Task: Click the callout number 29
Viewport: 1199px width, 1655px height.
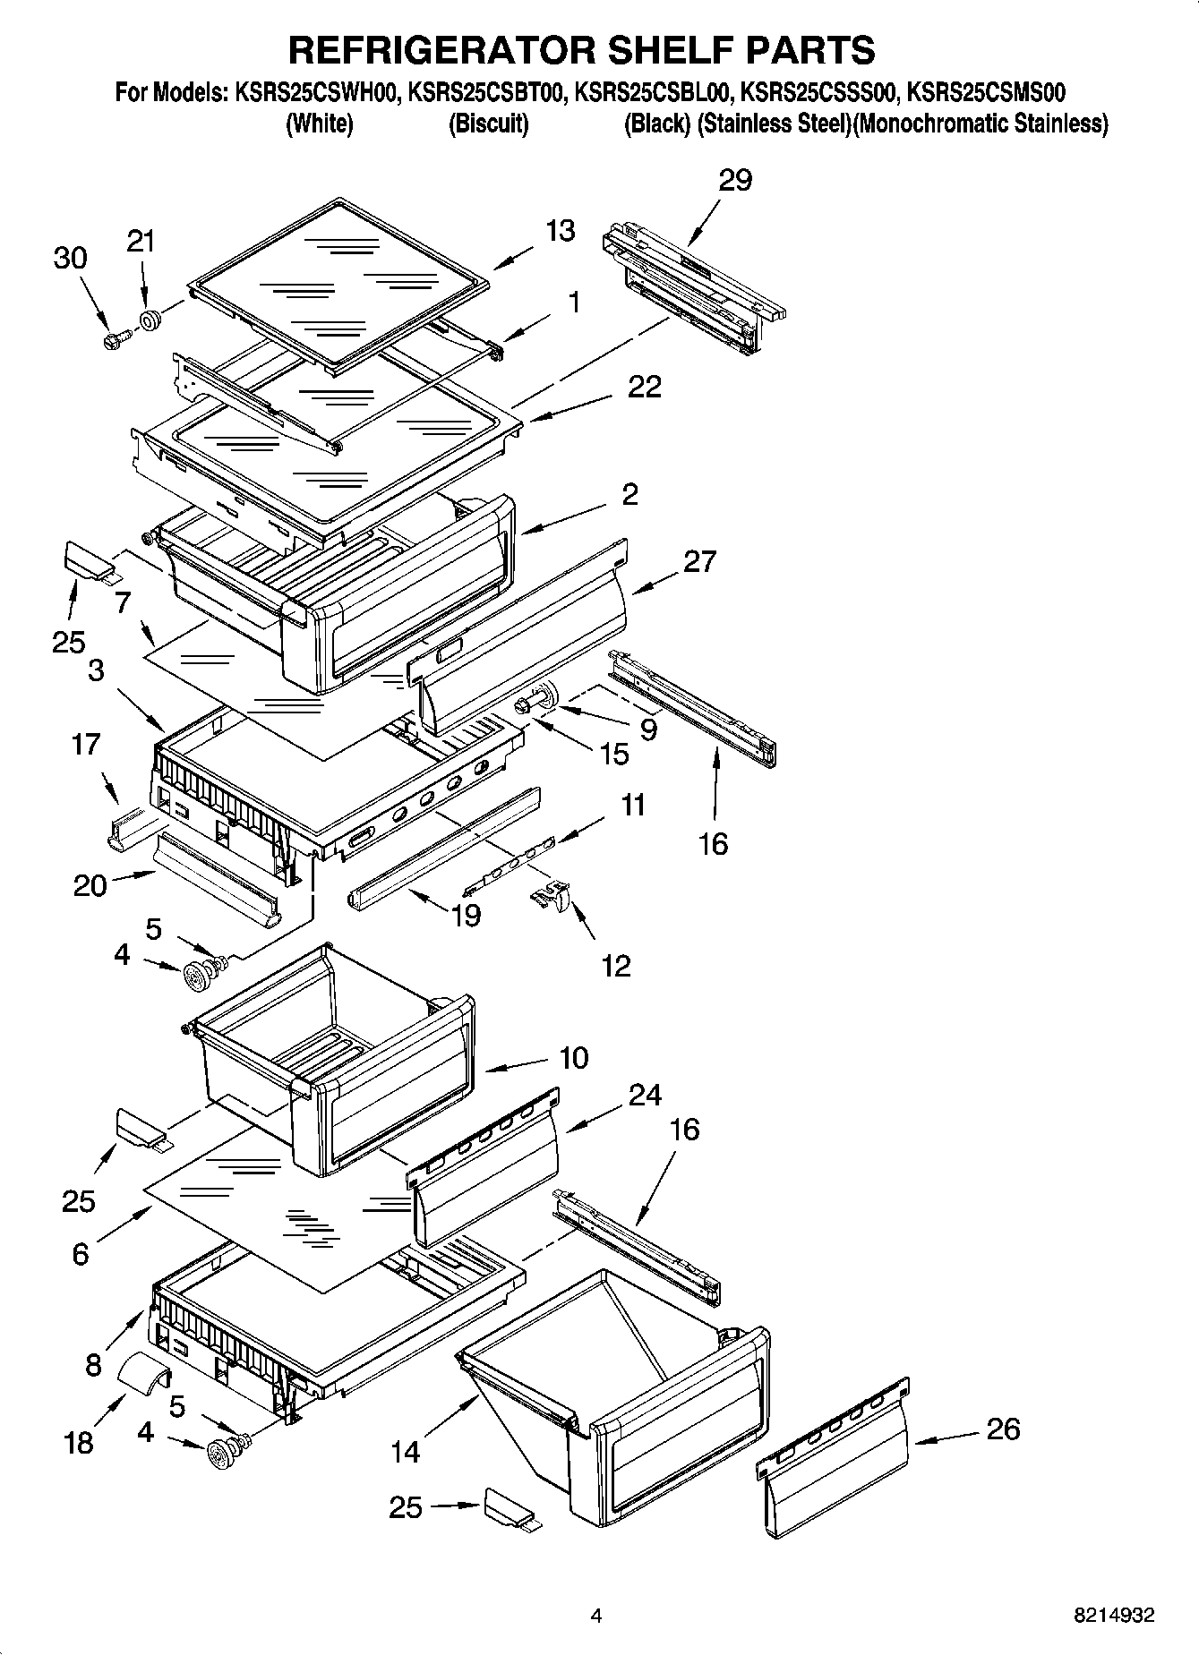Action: [735, 180]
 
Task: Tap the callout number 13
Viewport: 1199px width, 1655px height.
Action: [561, 231]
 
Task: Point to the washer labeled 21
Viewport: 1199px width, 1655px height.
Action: [150, 320]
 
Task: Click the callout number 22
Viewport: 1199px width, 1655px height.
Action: [645, 387]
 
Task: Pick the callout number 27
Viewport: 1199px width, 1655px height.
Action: [699, 561]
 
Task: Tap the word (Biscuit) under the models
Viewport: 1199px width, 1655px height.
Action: [488, 124]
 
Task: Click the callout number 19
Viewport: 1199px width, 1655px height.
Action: [467, 915]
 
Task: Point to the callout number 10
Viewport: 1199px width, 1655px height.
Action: [573, 1058]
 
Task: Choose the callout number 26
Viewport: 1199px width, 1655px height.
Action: [1002, 1429]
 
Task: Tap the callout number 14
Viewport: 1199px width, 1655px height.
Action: [405, 1452]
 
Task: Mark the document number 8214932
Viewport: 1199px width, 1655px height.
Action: [1114, 1616]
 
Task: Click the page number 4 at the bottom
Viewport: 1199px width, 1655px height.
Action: [595, 1616]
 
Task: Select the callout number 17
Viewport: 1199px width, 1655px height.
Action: [86, 745]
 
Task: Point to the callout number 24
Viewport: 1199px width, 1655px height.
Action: [645, 1095]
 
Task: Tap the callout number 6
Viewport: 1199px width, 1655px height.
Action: [81, 1255]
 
